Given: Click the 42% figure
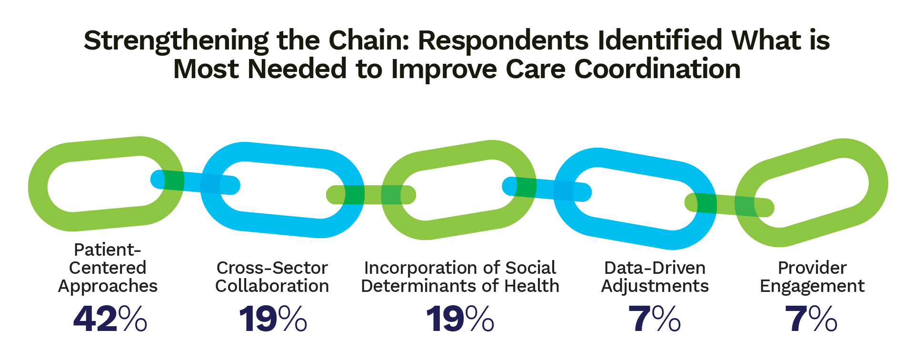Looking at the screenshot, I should coord(110,319).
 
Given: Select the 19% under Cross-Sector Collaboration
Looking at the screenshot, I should coord(273,319).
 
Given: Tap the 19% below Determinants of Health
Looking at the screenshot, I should coord(460,319).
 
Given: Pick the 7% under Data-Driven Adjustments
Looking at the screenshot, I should coord(655,319).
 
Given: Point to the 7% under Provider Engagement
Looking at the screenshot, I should coord(811,319).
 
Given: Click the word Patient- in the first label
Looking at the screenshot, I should coord(108,250).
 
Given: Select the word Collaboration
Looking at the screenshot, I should coord(272,286).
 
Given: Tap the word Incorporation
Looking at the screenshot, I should coord(408,268).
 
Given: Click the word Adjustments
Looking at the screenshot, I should coord(655,286).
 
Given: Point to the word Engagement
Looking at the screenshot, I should coord(812,286).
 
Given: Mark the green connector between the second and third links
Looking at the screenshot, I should coord(371,195).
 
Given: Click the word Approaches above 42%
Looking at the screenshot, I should coord(108,286).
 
